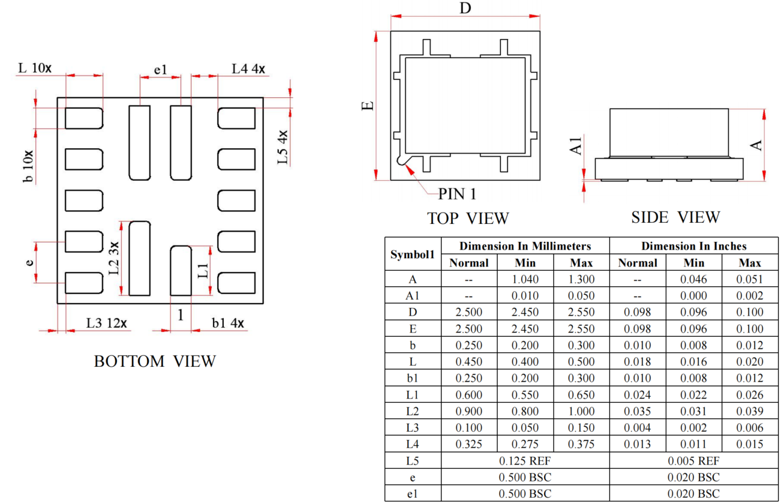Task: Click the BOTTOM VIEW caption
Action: [155, 361]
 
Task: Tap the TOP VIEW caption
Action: [468, 218]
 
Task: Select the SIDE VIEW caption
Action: [675, 217]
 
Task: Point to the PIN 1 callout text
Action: [457, 194]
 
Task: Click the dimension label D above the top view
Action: [465, 8]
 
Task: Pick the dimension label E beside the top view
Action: [368, 106]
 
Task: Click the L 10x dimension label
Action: [35, 68]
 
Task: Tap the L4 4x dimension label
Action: [249, 69]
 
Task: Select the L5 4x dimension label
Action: [281, 148]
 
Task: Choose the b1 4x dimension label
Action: [228, 323]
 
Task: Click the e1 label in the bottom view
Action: [161, 70]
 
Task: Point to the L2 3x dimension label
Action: [114, 258]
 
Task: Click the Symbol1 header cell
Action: [412, 255]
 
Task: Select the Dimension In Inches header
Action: [693, 246]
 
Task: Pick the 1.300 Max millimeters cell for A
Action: [581, 279]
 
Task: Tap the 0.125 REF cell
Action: [525, 461]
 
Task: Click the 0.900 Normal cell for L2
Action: [469, 411]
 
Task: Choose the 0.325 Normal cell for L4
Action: [469, 444]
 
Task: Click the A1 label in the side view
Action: [576, 145]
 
